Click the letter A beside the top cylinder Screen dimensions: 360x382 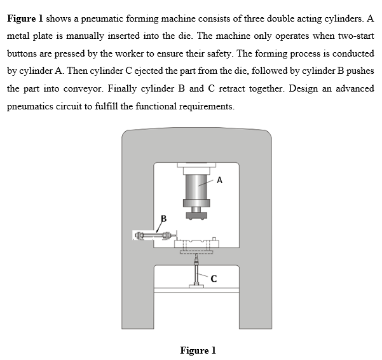[x=219, y=180]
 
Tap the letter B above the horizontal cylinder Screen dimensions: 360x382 [x=163, y=219]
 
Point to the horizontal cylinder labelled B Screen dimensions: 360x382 [x=154, y=236]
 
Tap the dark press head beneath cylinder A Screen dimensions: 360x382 [x=197, y=216]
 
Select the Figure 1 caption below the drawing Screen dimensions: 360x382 [x=198, y=350]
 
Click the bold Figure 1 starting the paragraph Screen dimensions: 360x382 [x=25, y=18]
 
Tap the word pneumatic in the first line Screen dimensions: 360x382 [x=104, y=18]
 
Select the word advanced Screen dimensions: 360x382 [x=353, y=88]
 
